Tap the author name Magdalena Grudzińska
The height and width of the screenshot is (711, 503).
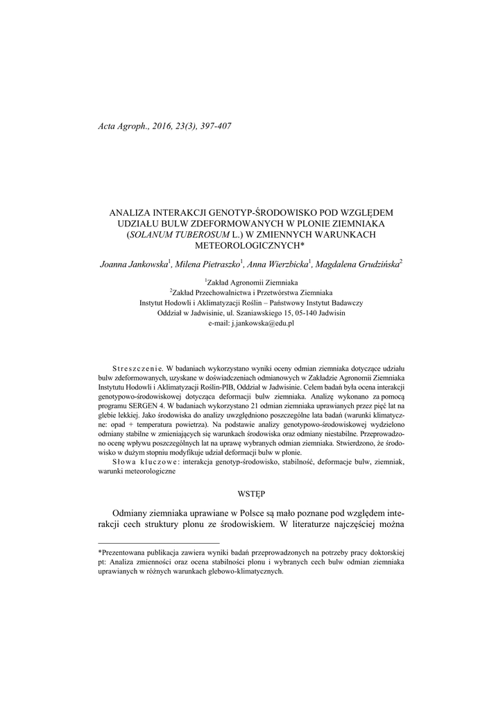pos(357,265)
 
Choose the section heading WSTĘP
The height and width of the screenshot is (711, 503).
pos(251,494)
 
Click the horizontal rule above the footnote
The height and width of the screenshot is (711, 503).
pos(159,542)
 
